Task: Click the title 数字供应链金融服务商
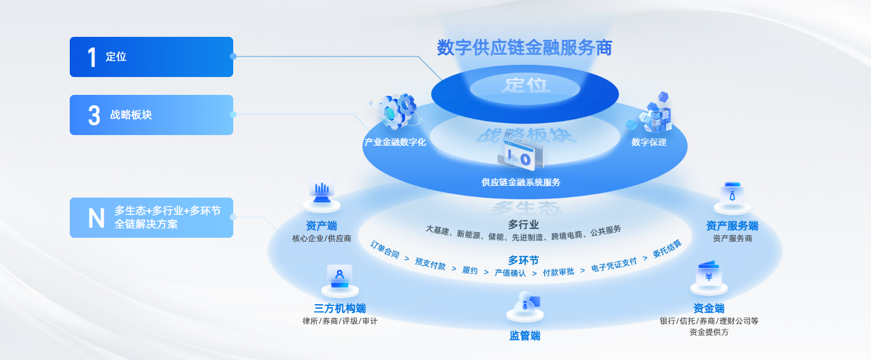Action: pos(524,48)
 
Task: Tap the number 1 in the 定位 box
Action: pos(92,57)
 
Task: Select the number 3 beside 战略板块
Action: pos(94,115)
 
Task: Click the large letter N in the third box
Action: pos(96,218)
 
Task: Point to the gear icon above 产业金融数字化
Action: pos(397,110)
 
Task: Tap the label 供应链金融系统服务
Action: pos(521,182)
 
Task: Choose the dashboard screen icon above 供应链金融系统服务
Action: pos(519,155)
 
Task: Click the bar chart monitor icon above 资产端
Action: pos(321,191)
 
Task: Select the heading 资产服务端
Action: pos(732,226)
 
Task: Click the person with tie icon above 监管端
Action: pos(524,303)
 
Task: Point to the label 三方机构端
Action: pos(340,309)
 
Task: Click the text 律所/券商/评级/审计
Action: pos(340,321)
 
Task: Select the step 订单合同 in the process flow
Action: pos(385,249)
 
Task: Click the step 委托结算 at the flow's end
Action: pos(667,249)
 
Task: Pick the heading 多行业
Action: pos(523,224)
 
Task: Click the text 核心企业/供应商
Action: pos(321,238)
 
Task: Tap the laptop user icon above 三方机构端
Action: pos(339,276)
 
